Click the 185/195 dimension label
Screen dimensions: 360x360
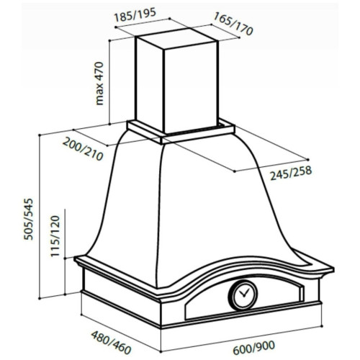[135, 14]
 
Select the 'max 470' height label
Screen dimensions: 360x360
[99, 84]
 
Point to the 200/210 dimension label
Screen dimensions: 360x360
[83, 149]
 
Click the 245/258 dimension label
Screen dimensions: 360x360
[291, 173]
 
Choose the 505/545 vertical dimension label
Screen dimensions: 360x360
[28, 219]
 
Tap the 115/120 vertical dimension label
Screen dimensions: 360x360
[55, 236]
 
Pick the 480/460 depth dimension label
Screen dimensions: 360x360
[111, 343]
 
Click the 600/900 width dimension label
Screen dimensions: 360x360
[253, 348]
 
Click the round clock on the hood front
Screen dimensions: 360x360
[243, 294]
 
